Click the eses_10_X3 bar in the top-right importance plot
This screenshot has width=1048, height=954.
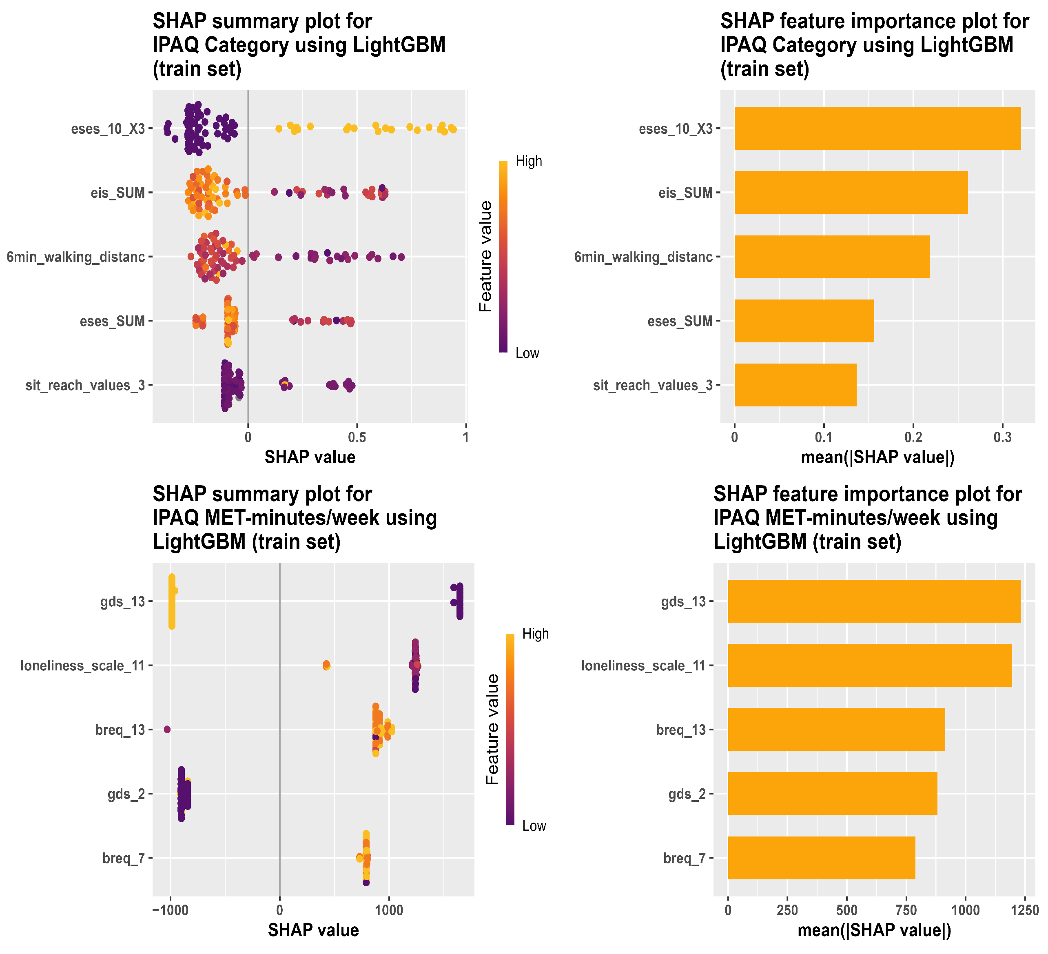point(877,129)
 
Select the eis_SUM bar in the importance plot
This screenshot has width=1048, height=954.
point(851,192)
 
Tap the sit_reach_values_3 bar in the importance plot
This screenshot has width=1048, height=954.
point(795,385)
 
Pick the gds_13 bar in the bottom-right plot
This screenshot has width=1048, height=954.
point(874,601)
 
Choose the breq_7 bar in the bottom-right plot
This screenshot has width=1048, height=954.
point(821,858)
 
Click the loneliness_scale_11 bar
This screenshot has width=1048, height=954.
point(870,666)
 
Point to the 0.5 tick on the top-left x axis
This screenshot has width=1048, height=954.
point(357,437)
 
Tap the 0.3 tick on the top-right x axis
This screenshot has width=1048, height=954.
point(1003,437)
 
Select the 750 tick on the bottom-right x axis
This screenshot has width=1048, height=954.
point(906,910)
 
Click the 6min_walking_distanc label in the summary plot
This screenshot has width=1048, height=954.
point(75,257)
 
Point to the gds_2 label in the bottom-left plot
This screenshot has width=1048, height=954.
point(127,794)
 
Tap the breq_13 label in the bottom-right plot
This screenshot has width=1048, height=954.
point(681,730)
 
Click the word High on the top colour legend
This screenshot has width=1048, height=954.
point(529,161)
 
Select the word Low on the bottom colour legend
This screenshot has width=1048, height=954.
point(534,826)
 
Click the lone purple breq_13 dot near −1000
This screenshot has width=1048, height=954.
point(167,730)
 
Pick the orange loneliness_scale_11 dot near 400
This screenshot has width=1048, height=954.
point(326,666)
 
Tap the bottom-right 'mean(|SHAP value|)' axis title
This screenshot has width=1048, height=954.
point(874,930)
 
